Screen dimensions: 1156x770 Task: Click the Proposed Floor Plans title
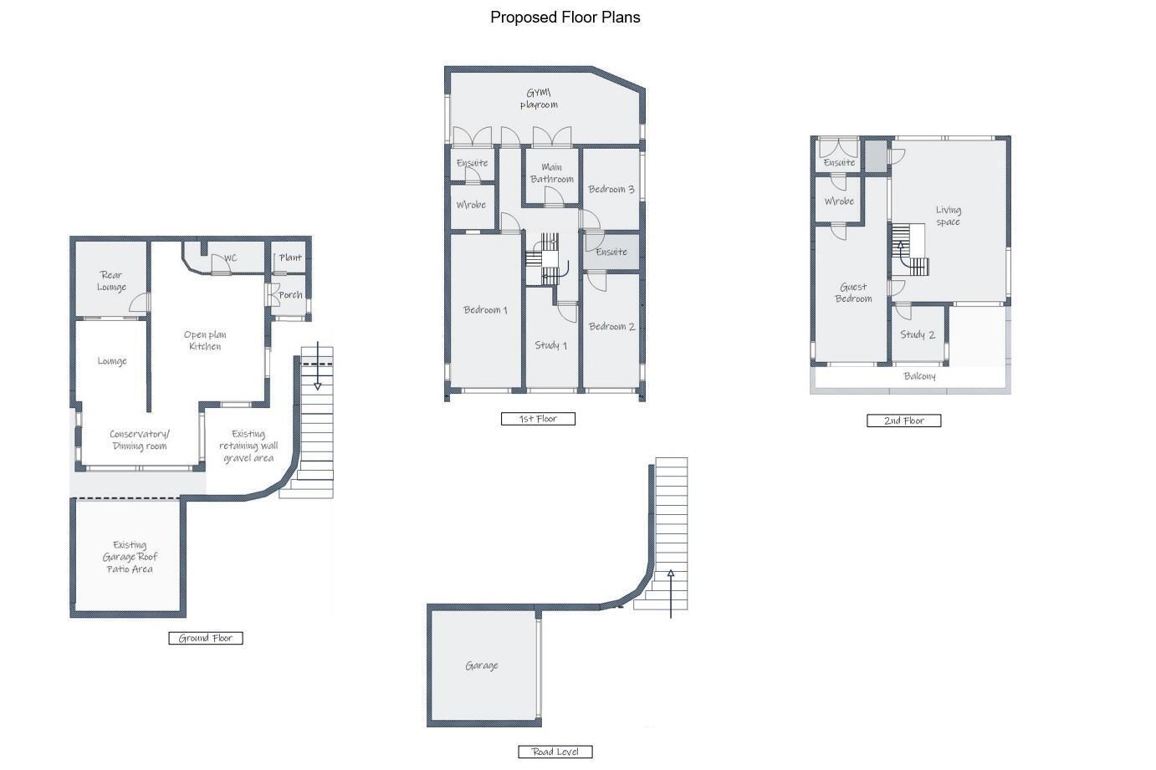(x=565, y=18)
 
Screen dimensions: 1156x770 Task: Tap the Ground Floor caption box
(x=206, y=638)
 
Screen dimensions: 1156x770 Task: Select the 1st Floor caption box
(x=538, y=419)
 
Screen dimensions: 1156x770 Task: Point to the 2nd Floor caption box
(x=903, y=421)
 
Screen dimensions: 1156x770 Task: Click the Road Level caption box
(x=555, y=752)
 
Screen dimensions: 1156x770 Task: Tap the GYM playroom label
(x=539, y=99)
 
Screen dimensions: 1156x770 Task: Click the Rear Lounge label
(x=111, y=281)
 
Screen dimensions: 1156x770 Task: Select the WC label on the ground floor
(x=230, y=258)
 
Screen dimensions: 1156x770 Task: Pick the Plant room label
(x=290, y=258)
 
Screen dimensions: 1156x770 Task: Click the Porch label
(x=290, y=295)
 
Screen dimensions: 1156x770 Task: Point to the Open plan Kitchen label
(x=205, y=340)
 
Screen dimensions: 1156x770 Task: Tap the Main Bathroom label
(x=552, y=173)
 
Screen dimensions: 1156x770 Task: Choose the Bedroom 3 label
(x=611, y=189)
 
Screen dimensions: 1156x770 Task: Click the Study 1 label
(x=550, y=345)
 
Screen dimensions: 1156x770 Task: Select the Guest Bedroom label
(x=853, y=293)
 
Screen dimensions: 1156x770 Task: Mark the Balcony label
(x=919, y=376)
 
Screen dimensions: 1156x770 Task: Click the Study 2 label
(x=918, y=334)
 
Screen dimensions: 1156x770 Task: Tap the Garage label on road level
(x=482, y=665)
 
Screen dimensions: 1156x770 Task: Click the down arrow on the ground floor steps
(x=318, y=365)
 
